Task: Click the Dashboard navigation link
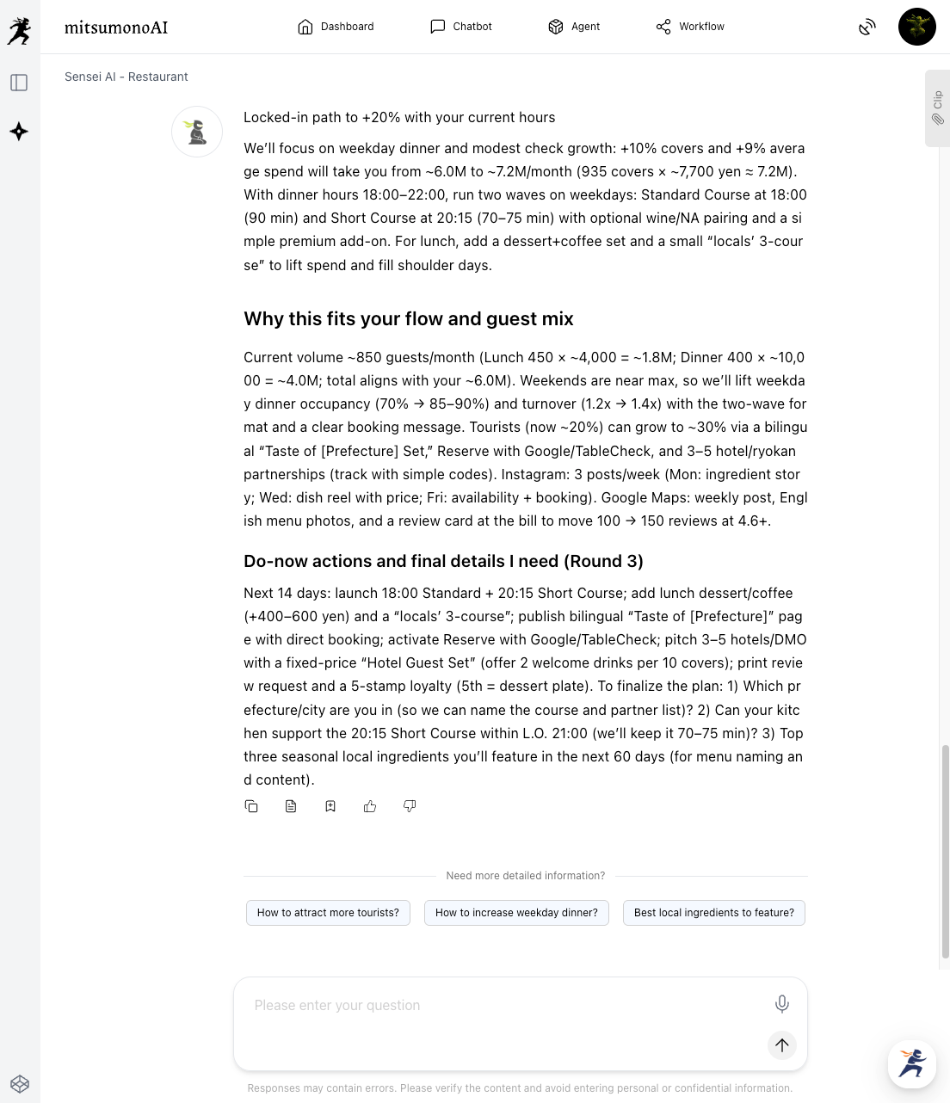(x=336, y=27)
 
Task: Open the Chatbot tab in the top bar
(x=461, y=27)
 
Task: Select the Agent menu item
(x=574, y=27)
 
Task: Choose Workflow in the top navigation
(x=690, y=27)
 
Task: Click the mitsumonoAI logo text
(x=116, y=28)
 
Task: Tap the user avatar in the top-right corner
(x=916, y=27)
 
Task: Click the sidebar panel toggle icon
(x=19, y=83)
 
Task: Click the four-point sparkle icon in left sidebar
(x=19, y=132)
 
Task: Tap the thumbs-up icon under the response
(x=370, y=806)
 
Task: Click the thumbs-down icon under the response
(x=410, y=806)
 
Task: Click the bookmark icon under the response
(x=330, y=806)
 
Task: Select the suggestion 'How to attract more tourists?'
(x=328, y=913)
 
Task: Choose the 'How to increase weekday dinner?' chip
(x=516, y=913)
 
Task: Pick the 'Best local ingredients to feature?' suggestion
(x=713, y=913)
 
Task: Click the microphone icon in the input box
(x=781, y=1003)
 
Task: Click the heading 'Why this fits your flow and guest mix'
(x=409, y=319)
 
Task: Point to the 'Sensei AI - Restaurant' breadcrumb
(x=126, y=77)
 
